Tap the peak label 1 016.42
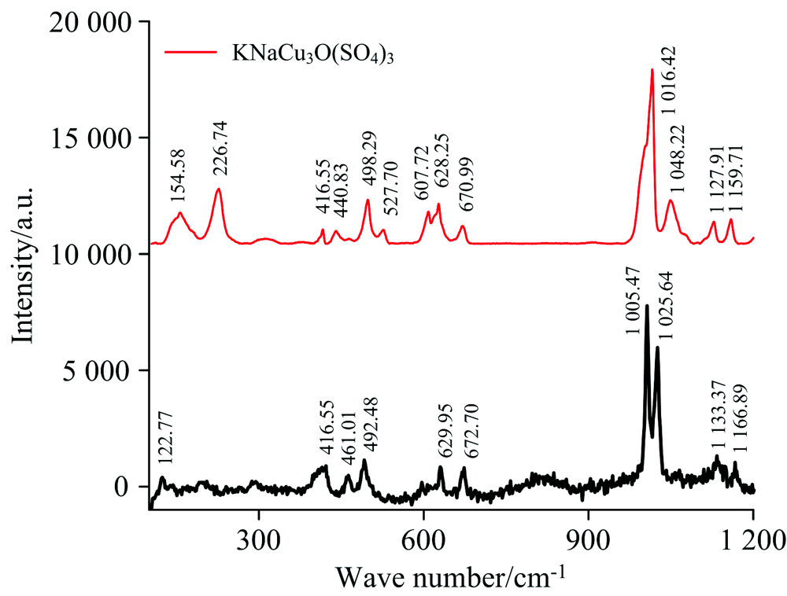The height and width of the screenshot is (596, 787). [670, 80]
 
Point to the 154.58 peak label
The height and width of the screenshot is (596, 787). [179, 178]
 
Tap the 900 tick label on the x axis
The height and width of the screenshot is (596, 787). [588, 541]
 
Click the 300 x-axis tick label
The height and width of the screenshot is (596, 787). [258, 541]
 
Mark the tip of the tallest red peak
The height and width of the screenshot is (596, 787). [652, 69]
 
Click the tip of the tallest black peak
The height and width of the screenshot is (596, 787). [647, 305]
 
